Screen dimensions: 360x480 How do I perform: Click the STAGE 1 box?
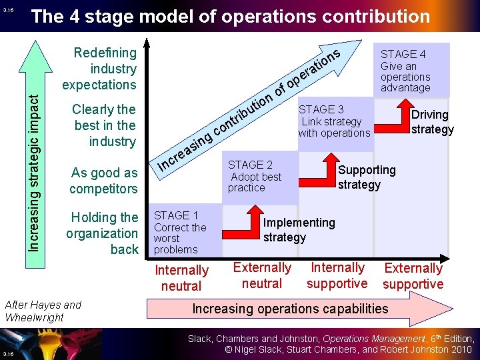tap(184, 232)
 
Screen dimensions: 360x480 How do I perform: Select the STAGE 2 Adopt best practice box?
tap(260, 178)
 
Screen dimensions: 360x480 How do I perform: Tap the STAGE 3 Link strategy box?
tap(334, 123)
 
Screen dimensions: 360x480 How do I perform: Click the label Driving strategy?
tap(432, 122)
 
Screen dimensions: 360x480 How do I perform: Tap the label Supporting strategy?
tap(366, 177)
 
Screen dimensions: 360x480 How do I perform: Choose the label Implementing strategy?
tap(299, 230)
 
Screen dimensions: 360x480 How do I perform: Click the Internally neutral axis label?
tap(181, 278)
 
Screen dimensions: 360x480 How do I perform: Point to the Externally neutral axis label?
tap(262, 275)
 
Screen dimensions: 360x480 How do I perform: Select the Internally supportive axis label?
tap(337, 275)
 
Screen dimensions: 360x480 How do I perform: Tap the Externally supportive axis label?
tap(413, 276)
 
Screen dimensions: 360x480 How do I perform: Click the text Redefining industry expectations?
tap(100, 69)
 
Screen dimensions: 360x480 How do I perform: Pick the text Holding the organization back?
tap(103, 233)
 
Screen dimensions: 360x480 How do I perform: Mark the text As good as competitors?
tap(103, 181)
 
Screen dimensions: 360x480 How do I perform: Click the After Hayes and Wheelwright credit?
tap(43, 311)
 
